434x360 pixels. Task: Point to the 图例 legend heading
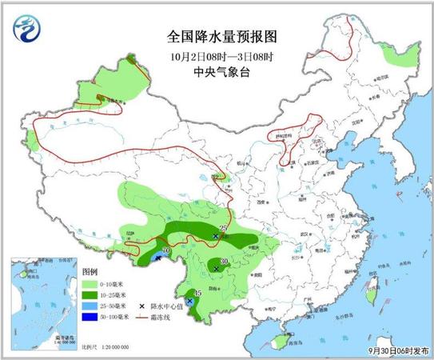point(90,272)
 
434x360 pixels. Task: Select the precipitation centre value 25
point(223,229)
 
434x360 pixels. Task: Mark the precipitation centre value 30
point(225,262)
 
